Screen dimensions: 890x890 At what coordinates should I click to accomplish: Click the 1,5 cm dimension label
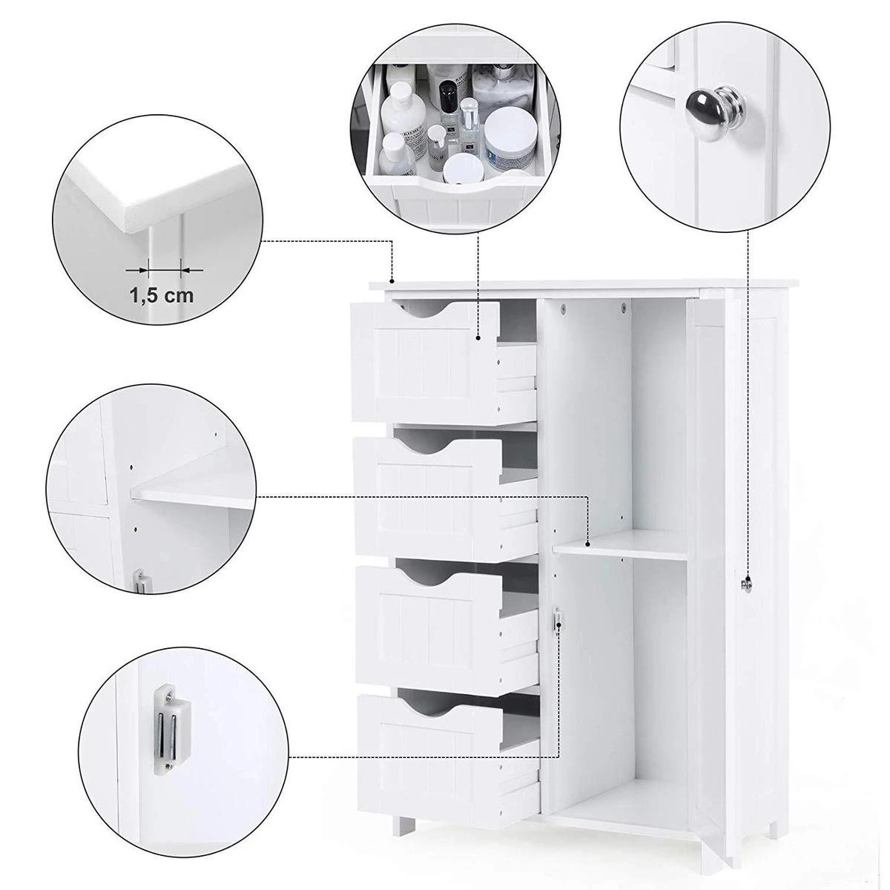tap(162, 295)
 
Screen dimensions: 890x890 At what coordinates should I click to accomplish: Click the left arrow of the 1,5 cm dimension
tap(135, 270)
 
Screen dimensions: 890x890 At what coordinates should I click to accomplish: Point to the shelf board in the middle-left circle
tap(193, 497)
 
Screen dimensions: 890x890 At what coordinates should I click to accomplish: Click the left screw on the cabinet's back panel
tap(563, 306)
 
